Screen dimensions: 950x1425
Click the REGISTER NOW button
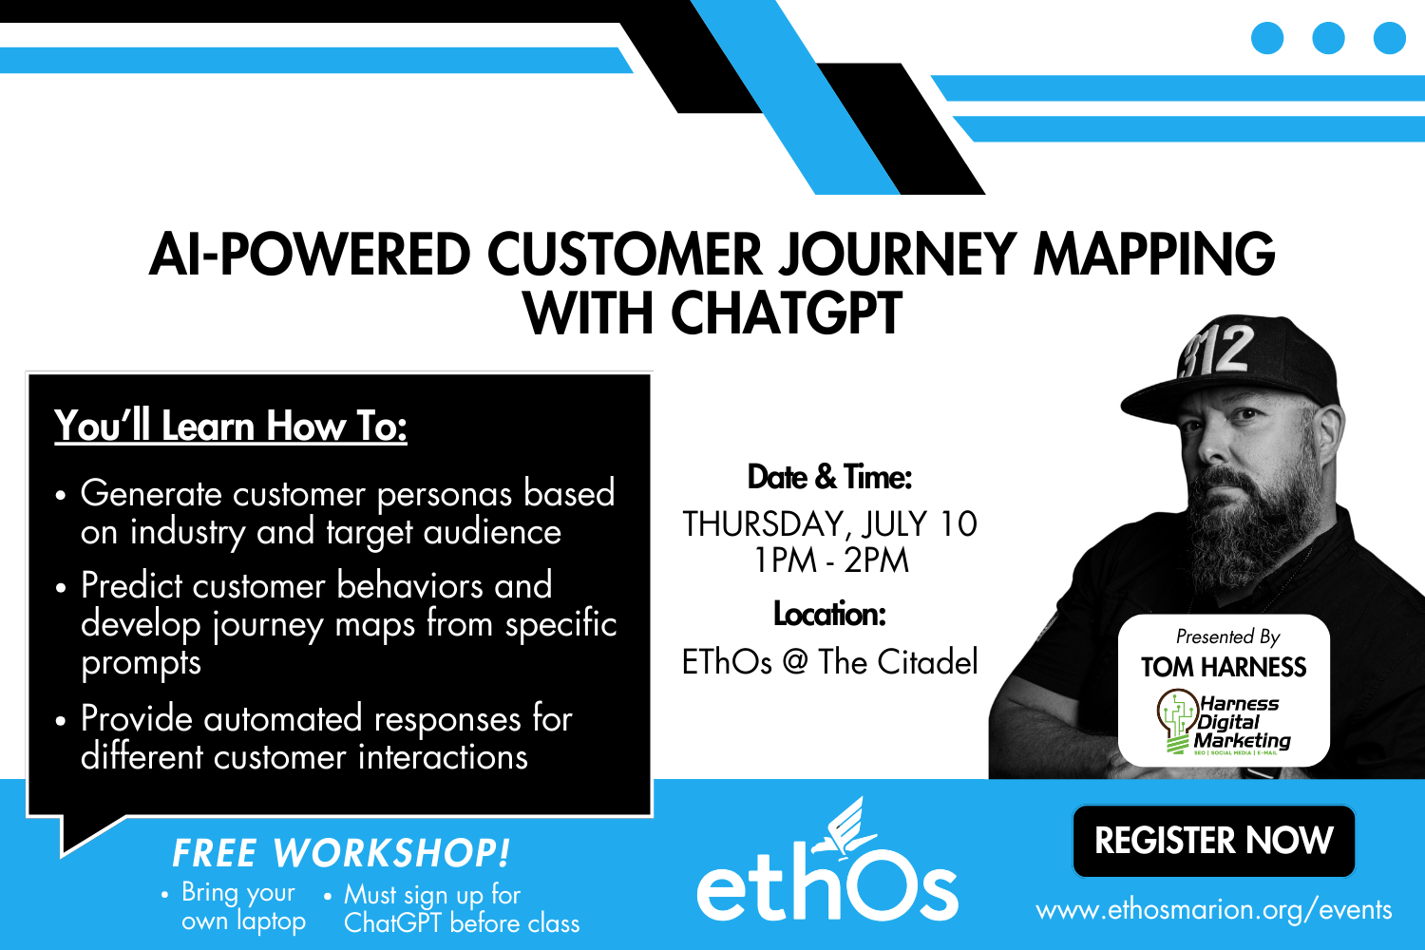tap(1213, 841)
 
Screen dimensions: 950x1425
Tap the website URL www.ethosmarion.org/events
tap(1213, 910)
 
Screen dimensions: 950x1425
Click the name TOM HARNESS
tap(1224, 667)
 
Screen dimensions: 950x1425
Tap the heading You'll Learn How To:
tap(231, 426)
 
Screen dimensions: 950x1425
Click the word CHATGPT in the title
tap(786, 313)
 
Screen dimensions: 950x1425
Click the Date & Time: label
tap(829, 477)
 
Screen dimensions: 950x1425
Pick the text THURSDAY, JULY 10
tap(829, 523)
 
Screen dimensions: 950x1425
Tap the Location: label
tap(829, 615)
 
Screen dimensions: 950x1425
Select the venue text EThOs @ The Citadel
tap(829, 662)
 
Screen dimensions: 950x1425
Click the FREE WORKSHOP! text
tap(341, 853)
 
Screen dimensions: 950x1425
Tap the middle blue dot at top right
tap(1328, 38)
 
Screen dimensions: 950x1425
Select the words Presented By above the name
tap(1227, 636)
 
